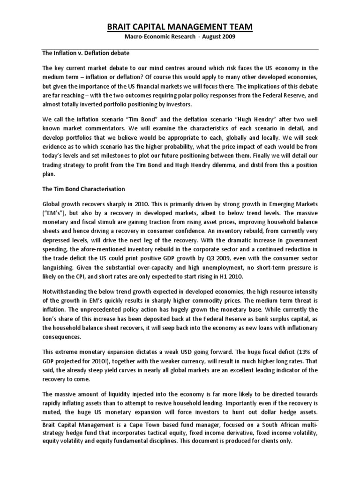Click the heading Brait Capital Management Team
click(x=180, y=28)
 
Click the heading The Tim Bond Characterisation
click(x=84, y=189)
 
